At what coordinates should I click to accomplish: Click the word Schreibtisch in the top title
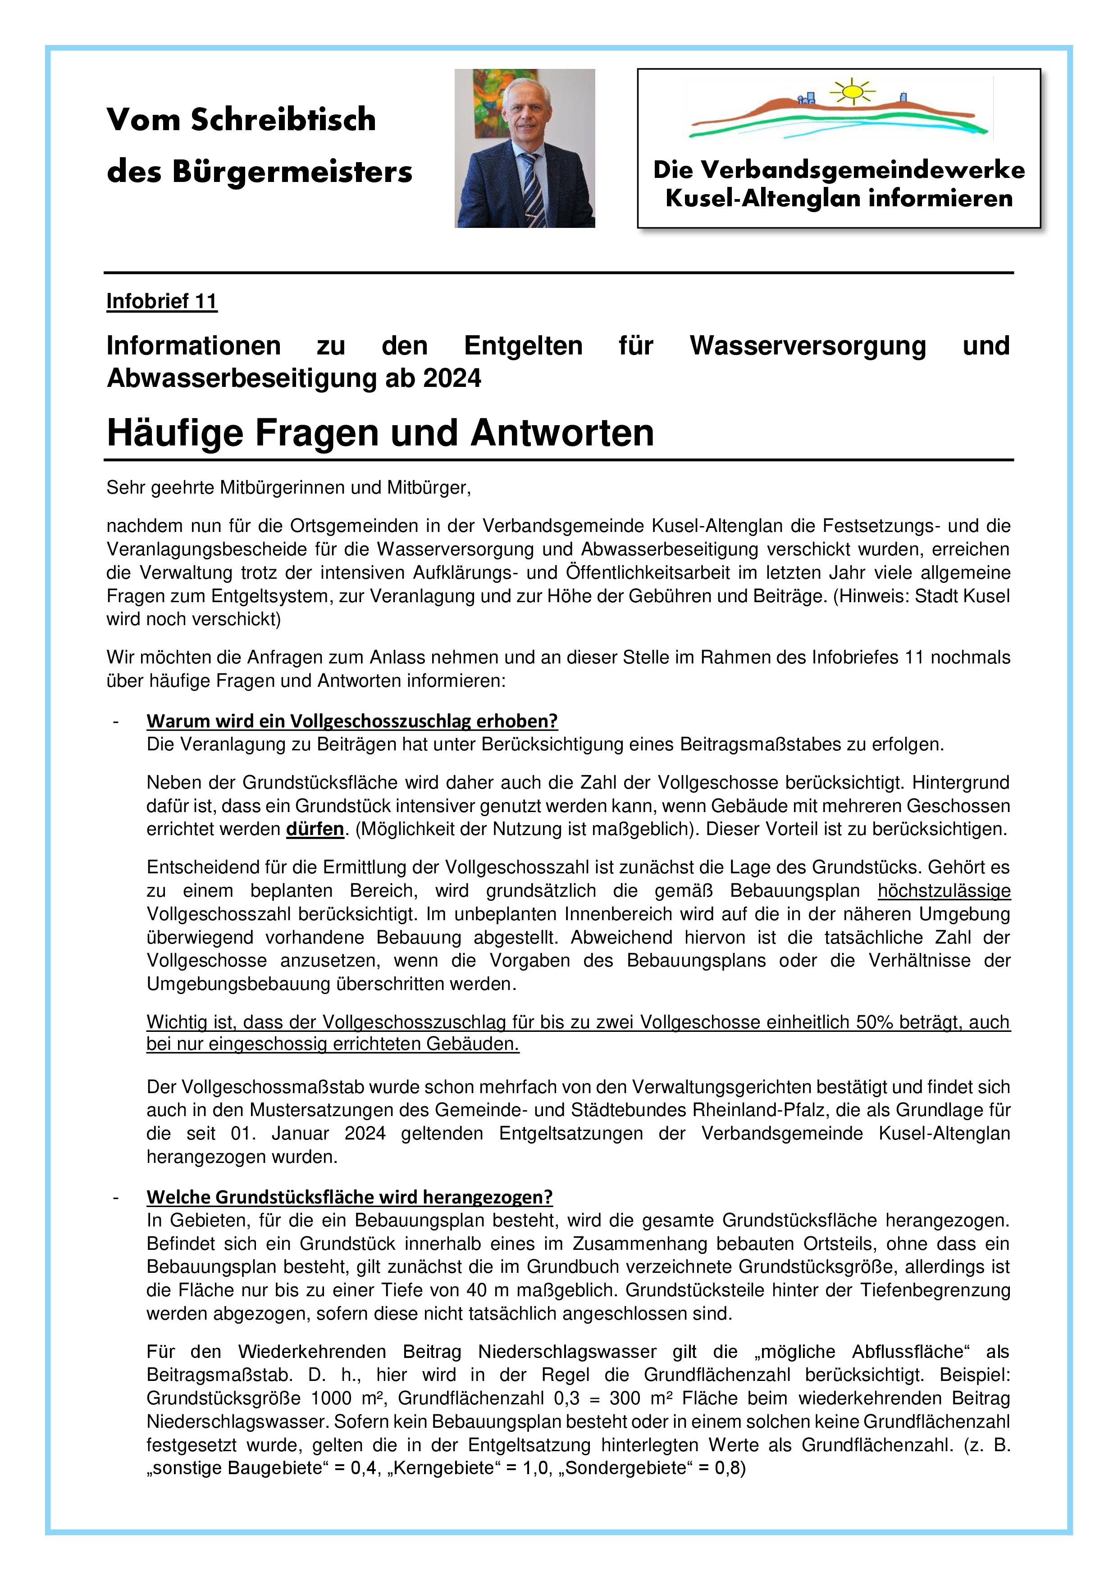tap(283, 120)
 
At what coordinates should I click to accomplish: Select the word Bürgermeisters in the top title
tap(292, 172)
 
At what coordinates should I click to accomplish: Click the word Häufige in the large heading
tap(175, 434)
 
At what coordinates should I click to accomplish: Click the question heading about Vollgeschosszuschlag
tap(352, 721)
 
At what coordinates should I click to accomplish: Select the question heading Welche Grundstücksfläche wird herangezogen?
tap(349, 1197)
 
